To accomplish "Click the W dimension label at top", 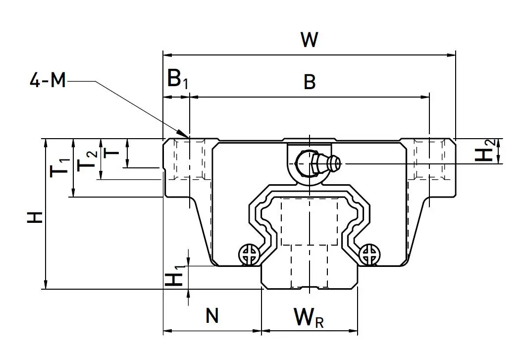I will (x=309, y=40).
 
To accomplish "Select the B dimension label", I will (x=310, y=82).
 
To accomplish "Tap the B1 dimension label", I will (x=177, y=80).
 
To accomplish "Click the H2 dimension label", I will (x=485, y=151).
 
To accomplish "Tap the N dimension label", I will (x=212, y=315).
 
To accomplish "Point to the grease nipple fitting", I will (x=317, y=162).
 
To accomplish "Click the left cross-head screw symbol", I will (x=249, y=255).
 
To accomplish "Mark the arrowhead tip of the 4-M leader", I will (x=188, y=137).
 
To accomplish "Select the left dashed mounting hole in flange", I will (x=189, y=159).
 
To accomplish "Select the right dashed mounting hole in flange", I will (x=429, y=159).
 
